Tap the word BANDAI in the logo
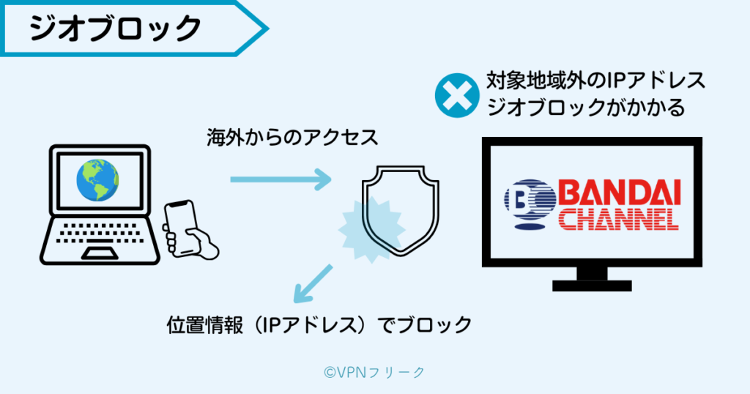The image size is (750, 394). (620, 193)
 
